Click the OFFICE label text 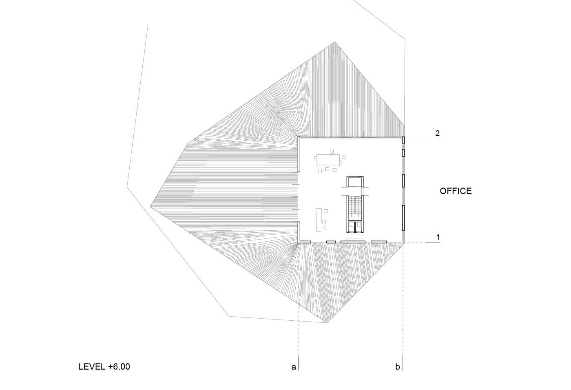[x=456, y=191]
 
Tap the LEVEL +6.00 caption [x=104, y=366]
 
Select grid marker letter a [x=294, y=367]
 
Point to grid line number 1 [x=438, y=237]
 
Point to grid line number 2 [x=438, y=133]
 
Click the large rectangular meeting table [x=328, y=160]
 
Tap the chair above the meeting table [x=332, y=152]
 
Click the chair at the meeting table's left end [x=316, y=158]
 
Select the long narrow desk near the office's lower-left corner [x=319, y=220]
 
